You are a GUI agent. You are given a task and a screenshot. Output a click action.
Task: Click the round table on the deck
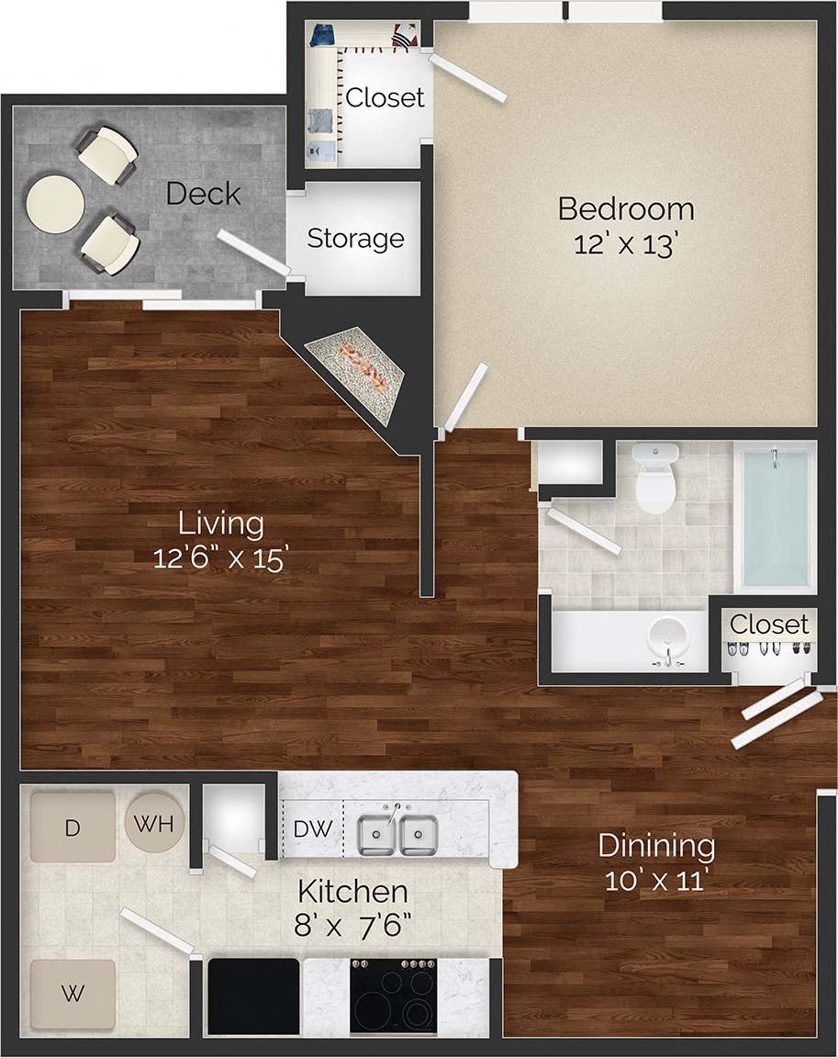[55, 203]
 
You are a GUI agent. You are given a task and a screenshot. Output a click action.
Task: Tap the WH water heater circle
[154, 823]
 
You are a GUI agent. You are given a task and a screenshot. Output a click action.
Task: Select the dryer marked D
[73, 827]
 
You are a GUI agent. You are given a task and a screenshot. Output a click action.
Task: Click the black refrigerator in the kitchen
[254, 996]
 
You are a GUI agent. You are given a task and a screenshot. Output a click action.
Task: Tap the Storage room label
[355, 239]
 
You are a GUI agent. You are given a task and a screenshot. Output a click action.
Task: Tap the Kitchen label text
[353, 890]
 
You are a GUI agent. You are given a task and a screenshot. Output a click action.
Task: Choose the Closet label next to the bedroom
[385, 97]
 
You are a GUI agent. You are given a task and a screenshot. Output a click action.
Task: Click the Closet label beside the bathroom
[769, 625]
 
